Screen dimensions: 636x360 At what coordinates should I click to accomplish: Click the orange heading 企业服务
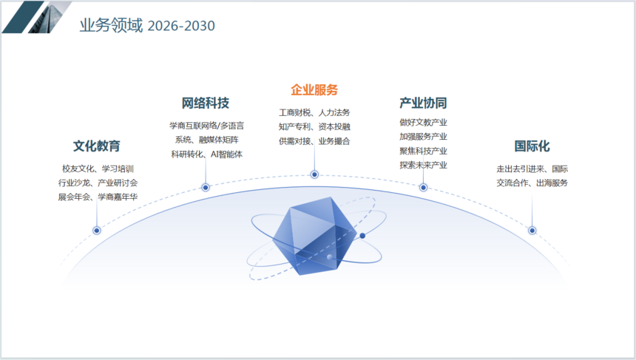coord(314,89)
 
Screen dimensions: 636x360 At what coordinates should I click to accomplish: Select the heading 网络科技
coord(206,103)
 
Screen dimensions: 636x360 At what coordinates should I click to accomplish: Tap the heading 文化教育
coord(97,146)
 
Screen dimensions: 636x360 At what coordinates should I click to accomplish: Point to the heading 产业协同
coord(423,103)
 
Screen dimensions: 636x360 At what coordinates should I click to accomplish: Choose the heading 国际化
coord(532,146)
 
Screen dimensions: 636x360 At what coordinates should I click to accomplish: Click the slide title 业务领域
coord(111,25)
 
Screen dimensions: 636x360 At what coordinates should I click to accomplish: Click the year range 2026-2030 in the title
coord(181,26)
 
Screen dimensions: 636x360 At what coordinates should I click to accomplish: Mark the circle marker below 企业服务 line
coord(314,174)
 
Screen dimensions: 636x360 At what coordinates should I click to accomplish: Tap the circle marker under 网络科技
coord(206,187)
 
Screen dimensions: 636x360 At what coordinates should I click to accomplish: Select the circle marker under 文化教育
coord(97,231)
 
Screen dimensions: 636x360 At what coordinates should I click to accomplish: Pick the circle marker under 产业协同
coord(423,187)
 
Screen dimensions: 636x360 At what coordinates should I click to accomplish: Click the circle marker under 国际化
coord(532,231)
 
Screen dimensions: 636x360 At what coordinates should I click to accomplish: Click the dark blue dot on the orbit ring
coord(362,236)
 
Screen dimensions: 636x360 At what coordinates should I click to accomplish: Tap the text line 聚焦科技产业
coord(423,151)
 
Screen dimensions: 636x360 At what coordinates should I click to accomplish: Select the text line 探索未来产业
coord(423,165)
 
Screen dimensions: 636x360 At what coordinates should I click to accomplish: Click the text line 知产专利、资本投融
coord(314,127)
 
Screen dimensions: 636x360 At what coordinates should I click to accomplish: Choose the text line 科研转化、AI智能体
coord(206,154)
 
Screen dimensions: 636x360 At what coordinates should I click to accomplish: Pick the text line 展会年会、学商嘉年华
coord(98,197)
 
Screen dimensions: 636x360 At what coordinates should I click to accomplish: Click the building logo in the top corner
coord(36,17)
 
